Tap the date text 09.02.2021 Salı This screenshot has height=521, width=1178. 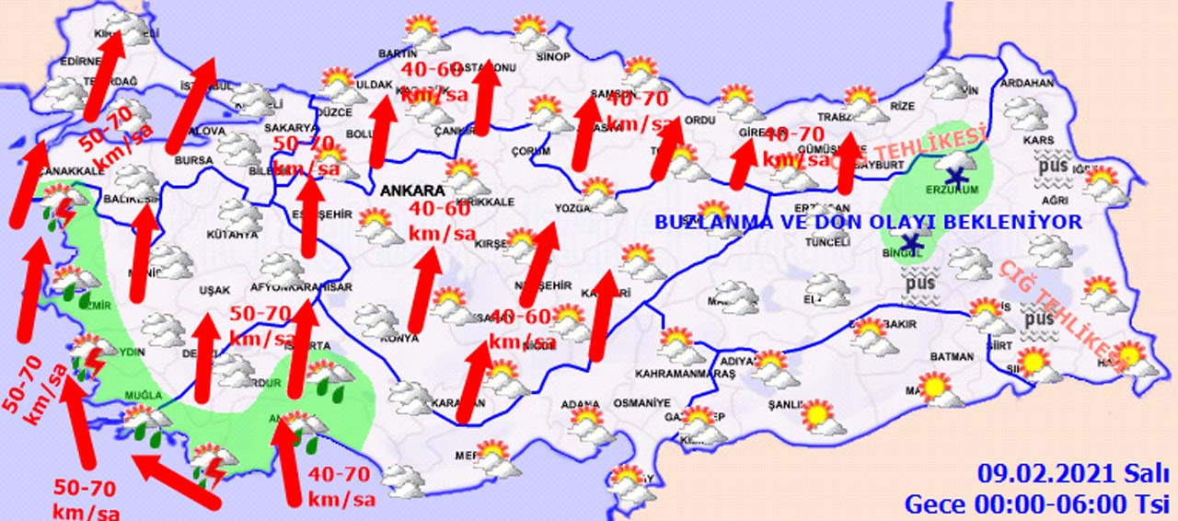tap(1073, 475)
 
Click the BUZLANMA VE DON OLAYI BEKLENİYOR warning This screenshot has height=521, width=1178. tap(868, 223)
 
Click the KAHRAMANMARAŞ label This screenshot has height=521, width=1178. tap(686, 374)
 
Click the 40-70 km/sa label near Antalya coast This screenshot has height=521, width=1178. tap(341, 487)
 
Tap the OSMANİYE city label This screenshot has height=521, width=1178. tap(643, 403)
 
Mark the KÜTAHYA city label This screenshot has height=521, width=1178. tap(231, 235)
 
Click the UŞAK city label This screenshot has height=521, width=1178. tap(214, 290)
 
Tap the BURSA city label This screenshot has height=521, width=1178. tap(193, 160)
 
